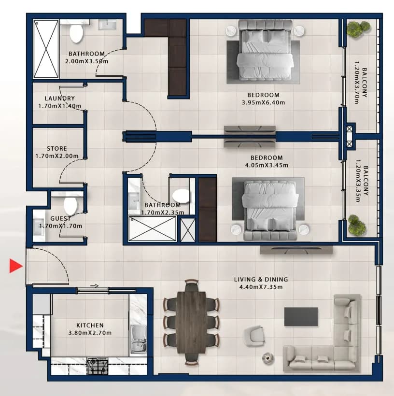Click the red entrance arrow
(15, 266)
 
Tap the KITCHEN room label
(90, 325)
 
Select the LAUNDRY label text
(60, 98)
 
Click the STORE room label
(57, 149)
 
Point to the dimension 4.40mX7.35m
(261, 287)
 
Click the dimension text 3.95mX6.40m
(264, 102)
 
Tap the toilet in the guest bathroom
(70, 206)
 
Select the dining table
(191, 323)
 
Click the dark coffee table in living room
(301, 316)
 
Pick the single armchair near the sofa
(254, 335)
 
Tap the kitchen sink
(138, 339)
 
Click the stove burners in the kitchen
(97, 366)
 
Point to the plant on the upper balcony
(358, 29)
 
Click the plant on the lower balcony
(357, 225)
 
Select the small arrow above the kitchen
(94, 286)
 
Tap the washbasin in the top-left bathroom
(107, 25)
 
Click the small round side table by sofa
(267, 358)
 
